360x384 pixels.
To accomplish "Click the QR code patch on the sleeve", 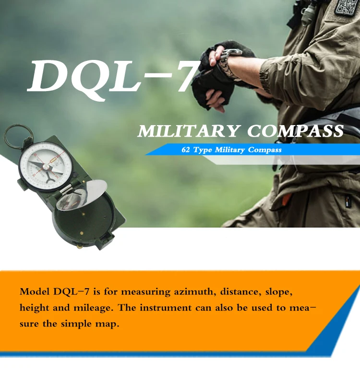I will click(347, 7).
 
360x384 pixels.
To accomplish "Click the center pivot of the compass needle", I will click(46, 166).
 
